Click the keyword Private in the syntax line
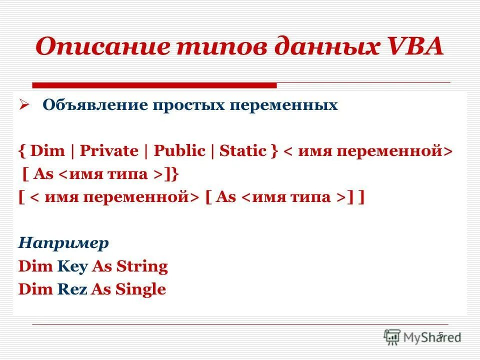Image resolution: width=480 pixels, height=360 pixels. point(109,151)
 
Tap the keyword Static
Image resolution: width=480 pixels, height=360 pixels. point(243,151)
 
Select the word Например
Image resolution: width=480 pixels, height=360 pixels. point(63,243)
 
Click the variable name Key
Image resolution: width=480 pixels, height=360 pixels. point(72,266)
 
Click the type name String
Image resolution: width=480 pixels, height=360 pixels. point(142,266)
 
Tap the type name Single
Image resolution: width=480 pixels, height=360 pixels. point(140,289)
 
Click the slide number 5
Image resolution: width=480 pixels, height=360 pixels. point(440,334)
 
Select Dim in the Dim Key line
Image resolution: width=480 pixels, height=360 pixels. point(35,266)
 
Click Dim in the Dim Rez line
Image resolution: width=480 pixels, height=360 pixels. point(35,289)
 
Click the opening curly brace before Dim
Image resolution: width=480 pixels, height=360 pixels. point(22,151)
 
